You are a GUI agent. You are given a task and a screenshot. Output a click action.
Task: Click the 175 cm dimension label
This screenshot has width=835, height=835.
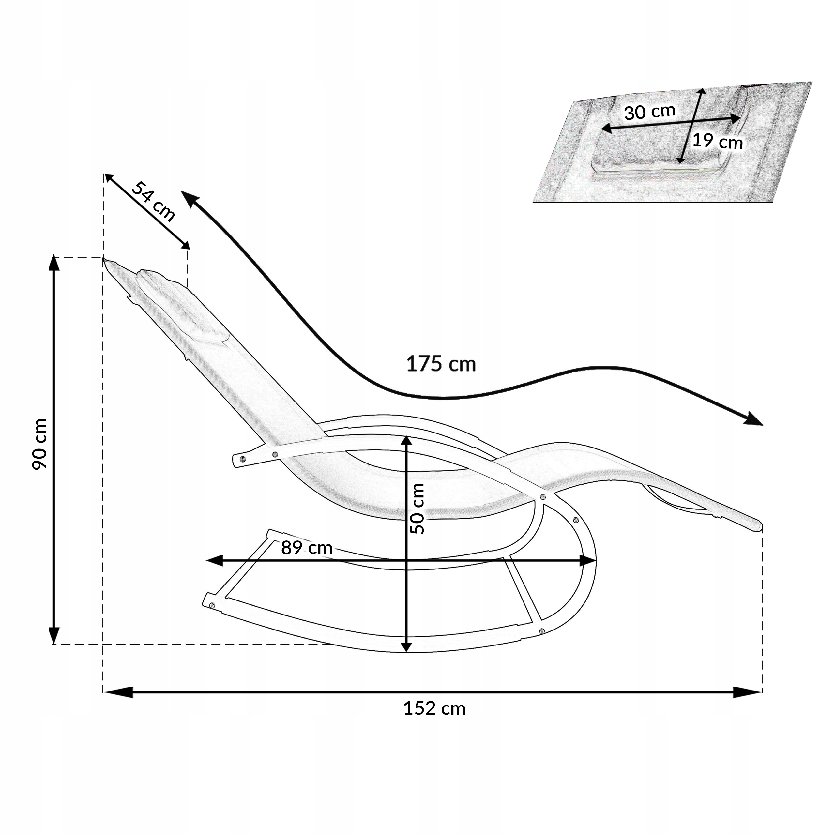441,364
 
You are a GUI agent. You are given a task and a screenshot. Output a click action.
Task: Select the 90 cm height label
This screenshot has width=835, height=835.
40,444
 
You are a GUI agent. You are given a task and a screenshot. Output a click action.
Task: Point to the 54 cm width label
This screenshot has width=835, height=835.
153,201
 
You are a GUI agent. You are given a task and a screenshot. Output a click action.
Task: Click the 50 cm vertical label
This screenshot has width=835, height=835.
417,508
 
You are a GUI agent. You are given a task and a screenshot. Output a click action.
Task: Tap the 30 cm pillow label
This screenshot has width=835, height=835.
650,112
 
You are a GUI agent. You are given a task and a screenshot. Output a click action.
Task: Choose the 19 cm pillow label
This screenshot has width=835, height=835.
718,141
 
